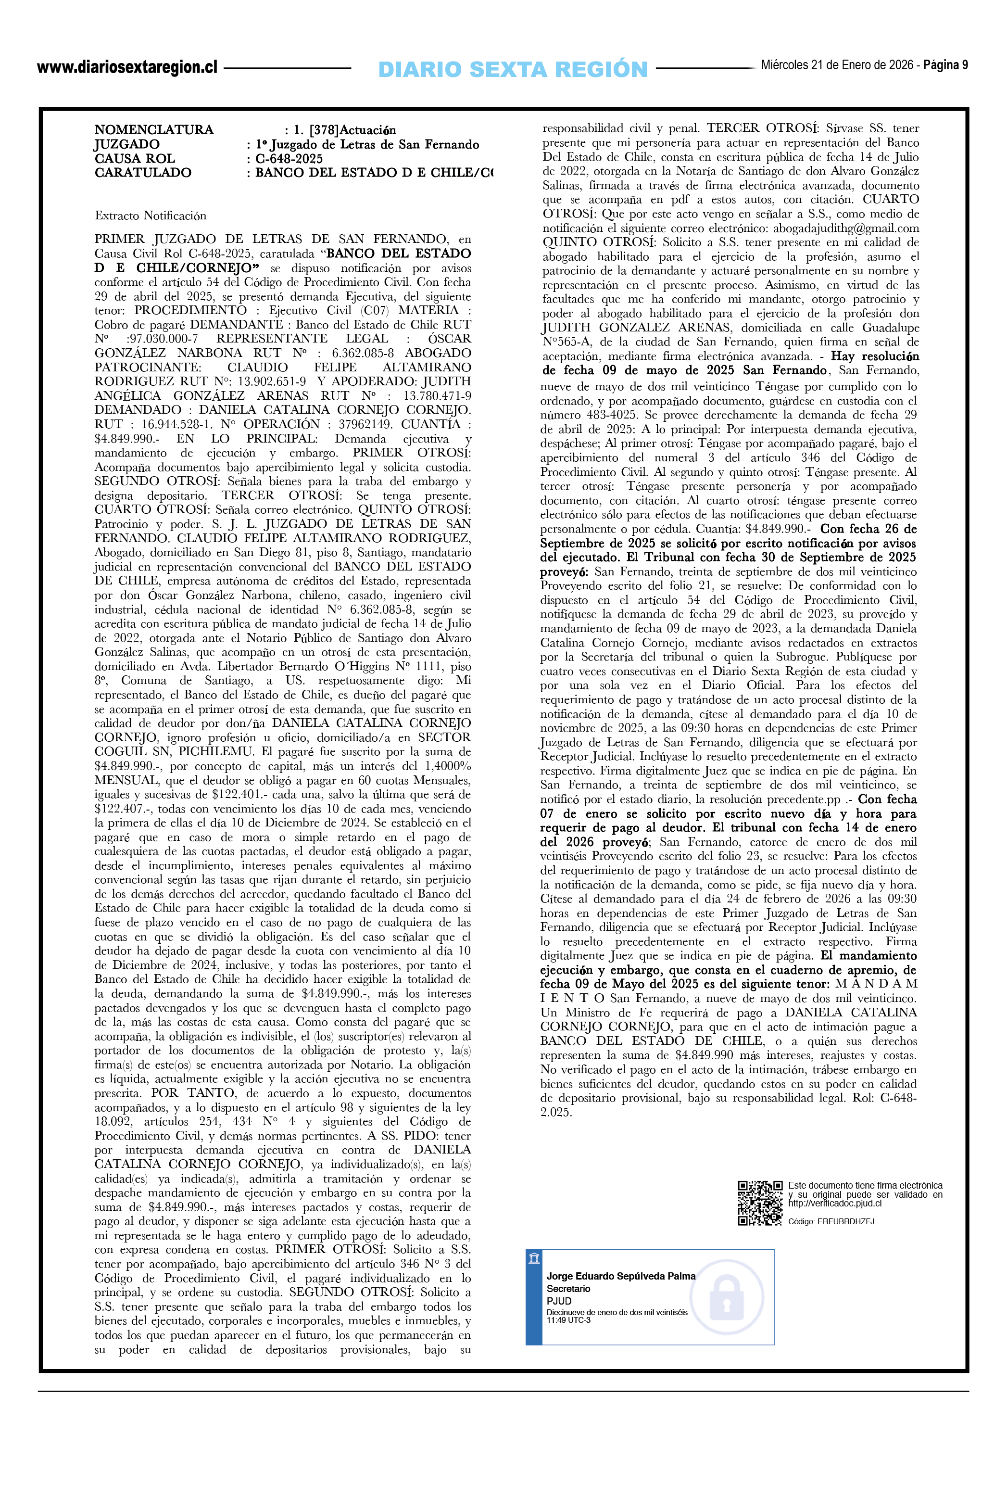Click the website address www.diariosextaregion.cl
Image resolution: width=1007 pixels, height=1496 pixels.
127,67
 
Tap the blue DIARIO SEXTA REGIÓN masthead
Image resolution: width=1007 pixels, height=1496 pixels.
513,69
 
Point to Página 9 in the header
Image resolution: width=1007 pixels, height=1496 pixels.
945,65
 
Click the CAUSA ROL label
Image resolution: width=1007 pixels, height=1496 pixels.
135,158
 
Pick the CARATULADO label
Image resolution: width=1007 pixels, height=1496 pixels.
142,172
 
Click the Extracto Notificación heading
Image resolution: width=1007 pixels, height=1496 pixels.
151,216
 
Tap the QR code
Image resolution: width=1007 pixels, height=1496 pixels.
760,1203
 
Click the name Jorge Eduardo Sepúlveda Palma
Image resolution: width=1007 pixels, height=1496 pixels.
621,1276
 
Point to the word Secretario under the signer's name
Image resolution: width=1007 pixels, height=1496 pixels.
568,1289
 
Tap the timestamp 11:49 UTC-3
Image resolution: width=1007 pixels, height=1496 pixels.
568,1320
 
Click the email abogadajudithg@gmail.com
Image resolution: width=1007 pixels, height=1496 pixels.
846,228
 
